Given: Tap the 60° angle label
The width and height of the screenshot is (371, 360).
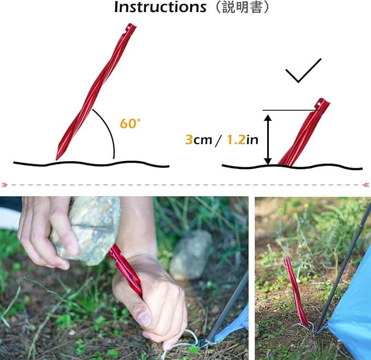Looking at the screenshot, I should pos(130,123).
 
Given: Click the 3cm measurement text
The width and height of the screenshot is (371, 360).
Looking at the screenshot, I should pos(198,140).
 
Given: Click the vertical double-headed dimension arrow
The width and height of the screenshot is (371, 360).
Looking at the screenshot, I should pos(267,139).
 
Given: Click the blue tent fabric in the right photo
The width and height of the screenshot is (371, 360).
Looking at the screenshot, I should pos(350,311).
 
